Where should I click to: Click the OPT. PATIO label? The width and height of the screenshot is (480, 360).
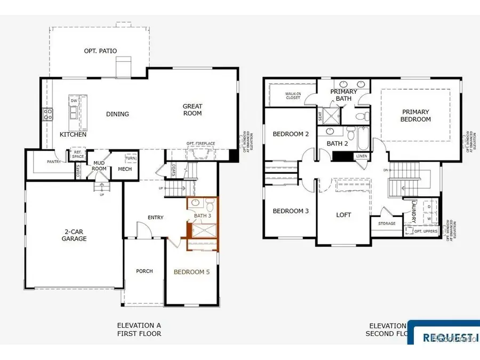(100, 51)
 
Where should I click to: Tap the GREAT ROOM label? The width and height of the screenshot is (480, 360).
(193, 110)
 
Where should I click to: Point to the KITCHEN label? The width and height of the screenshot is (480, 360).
(73, 135)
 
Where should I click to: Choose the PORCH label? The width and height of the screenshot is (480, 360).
(144, 271)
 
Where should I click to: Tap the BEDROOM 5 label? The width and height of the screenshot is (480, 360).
(192, 272)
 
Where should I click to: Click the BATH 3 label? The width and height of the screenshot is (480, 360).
(203, 215)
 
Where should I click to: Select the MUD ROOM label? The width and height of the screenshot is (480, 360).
(99, 166)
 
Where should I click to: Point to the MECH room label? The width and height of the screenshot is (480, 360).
(124, 170)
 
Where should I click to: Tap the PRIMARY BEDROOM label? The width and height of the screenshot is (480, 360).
(415, 116)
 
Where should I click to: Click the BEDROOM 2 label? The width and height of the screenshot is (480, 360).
(291, 134)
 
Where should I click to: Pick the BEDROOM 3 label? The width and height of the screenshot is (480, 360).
(291, 211)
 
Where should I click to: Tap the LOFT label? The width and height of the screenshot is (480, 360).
(343, 215)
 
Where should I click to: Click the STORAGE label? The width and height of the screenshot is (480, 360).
(387, 223)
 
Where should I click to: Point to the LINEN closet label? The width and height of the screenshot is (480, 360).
(361, 156)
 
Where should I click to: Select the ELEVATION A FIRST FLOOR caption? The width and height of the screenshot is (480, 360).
(139, 330)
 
